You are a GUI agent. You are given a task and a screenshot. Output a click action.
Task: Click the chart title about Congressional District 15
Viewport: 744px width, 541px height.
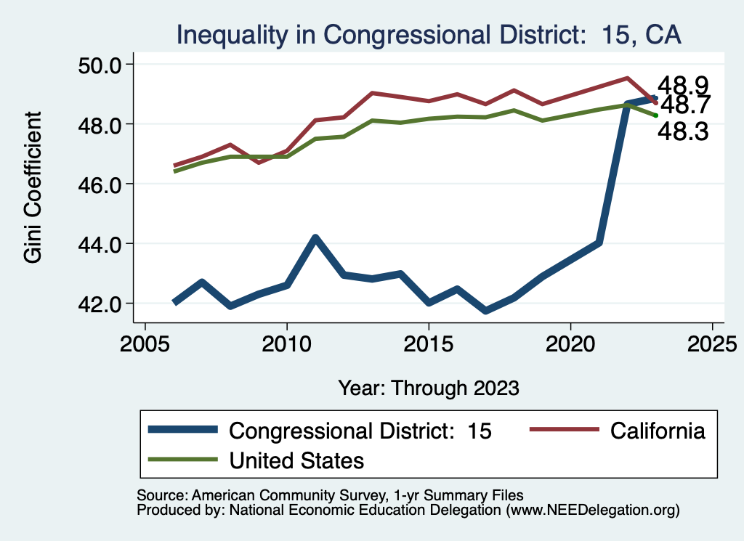click(429, 34)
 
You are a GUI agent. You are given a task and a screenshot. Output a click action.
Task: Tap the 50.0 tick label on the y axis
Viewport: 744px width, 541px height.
click(104, 65)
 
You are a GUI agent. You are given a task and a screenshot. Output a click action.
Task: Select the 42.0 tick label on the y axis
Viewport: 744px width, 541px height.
click(104, 303)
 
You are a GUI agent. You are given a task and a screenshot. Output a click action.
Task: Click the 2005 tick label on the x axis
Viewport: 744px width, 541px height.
click(145, 341)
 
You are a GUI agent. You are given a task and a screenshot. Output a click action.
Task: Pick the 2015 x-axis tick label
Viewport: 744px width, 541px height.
click(429, 341)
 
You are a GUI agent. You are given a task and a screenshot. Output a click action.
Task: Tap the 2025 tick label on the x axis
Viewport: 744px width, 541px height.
click(712, 341)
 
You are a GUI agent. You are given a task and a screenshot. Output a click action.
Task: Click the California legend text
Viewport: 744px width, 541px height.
click(658, 431)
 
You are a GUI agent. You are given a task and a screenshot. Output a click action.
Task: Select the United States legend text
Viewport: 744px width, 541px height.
click(296, 460)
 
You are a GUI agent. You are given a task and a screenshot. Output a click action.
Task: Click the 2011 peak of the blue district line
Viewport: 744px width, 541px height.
click(315, 237)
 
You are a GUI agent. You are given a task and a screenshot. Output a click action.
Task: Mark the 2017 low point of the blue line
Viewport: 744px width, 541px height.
click(485, 311)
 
